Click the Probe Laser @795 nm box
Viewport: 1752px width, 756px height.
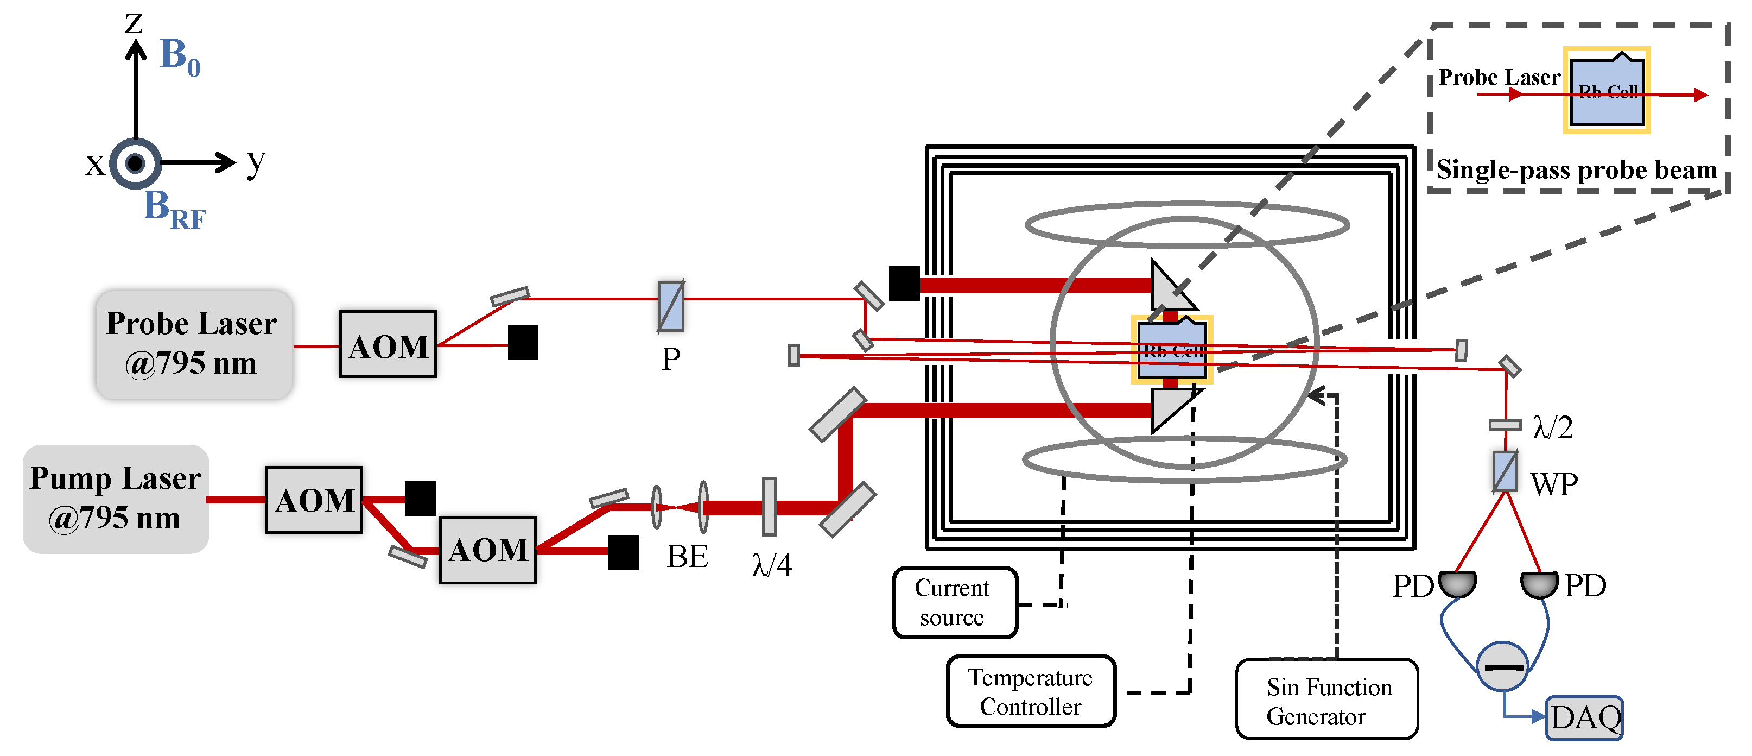194,344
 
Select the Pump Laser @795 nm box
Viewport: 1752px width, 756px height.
116,499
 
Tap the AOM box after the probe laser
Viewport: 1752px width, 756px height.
388,344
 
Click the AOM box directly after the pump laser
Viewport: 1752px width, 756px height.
314,500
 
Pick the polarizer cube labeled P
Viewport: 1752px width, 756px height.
671,307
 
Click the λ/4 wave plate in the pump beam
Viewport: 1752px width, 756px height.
769,506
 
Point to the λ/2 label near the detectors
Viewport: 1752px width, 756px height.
1552,427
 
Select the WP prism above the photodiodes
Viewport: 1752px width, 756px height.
1505,471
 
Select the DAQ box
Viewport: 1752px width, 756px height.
1585,718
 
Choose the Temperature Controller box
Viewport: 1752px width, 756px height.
1030,691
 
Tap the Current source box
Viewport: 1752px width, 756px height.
954,602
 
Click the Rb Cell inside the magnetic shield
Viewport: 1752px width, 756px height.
1172,350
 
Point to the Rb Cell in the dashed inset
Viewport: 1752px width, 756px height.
1607,91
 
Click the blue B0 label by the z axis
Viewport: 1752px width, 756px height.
180,56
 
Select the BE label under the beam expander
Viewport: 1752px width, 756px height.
687,557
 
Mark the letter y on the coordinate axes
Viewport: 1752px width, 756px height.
256,162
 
